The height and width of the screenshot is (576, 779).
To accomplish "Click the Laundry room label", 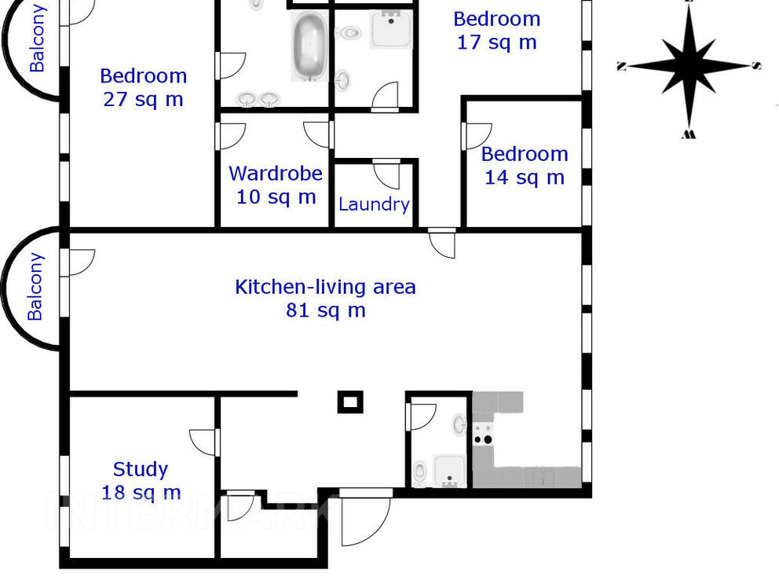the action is (374, 204).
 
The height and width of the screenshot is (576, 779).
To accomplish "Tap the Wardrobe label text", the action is (276, 174).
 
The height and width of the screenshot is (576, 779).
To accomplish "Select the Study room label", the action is (141, 470).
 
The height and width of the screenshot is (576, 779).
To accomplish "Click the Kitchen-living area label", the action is (325, 288).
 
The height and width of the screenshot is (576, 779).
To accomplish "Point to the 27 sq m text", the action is (144, 99).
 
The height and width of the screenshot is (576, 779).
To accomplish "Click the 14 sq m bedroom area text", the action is (525, 178).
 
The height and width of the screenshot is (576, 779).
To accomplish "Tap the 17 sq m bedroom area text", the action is (497, 42).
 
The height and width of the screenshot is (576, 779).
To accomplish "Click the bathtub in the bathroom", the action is (309, 46).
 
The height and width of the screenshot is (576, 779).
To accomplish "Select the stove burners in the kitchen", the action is (482, 435).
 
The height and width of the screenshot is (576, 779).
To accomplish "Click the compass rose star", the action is (689, 65).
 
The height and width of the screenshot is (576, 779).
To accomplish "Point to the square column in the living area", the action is (350, 402).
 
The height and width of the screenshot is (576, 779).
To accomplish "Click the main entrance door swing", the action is (366, 519).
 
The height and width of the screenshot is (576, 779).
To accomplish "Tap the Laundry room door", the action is (386, 174).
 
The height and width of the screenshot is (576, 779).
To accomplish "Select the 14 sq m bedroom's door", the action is (477, 136).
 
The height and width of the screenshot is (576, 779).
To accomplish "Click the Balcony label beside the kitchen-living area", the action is (35, 287).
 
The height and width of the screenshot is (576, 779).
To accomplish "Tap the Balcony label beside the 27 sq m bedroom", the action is (37, 39).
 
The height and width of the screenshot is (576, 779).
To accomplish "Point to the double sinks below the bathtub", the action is (258, 99).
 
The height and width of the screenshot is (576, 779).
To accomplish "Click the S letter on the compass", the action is (755, 65).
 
